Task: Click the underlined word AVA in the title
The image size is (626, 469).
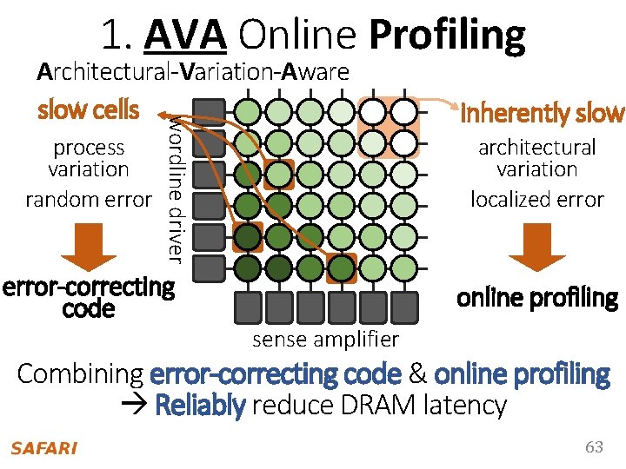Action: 186,35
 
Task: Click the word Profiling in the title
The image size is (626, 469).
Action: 447,35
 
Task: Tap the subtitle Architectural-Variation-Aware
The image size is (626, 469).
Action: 193,71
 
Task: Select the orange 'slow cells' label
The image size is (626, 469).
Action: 88,110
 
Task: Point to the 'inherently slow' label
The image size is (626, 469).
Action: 543,113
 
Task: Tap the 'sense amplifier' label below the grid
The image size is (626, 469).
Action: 325,339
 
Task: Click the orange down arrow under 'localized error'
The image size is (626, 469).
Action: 536,248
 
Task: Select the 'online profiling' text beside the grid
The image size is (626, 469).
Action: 536,298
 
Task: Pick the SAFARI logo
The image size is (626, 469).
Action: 43,448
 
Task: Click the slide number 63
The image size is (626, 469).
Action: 594,447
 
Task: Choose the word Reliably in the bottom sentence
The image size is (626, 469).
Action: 199,405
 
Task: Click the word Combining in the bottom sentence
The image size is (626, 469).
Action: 80,374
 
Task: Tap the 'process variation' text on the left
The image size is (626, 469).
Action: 89,158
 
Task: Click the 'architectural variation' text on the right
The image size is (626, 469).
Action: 536,158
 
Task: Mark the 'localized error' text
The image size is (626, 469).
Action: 536,199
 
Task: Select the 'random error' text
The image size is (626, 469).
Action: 89,199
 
